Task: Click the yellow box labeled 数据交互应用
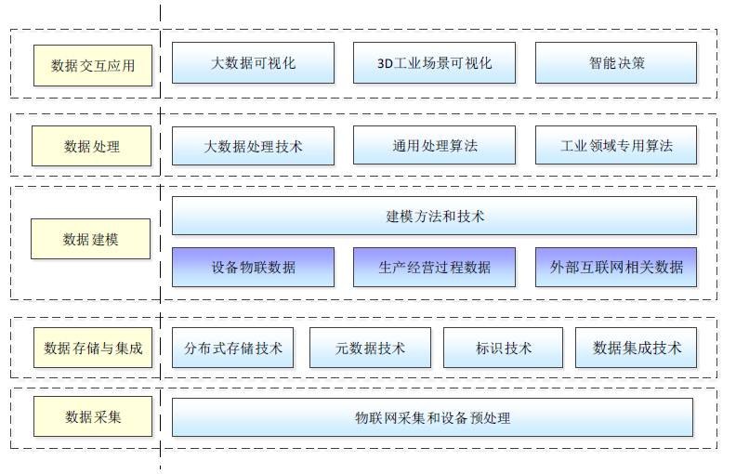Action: (x=93, y=65)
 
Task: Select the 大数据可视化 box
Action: (x=253, y=63)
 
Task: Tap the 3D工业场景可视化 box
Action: (x=434, y=63)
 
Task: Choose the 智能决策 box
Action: (x=615, y=63)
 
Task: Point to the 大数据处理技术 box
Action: (x=253, y=146)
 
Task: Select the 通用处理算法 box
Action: (x=434, y=146)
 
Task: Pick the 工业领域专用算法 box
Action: (x=615, y=146)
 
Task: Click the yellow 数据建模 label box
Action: (x=90, y=240)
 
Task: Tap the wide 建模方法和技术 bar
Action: (x=434, y=216)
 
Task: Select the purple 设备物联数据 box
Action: (x=253, y=267)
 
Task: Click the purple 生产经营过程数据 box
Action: (x=434, y=267)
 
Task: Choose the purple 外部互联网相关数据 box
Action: (x=615, y=267)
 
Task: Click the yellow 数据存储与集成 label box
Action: (x=93, y=349)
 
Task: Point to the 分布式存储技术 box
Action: (x=232, y=348)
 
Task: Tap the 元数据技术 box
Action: (x=370, y=348)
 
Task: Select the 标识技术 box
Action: (x=504, y=348)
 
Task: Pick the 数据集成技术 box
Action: (x=636, y=348)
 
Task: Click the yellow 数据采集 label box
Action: (x=93, y=416)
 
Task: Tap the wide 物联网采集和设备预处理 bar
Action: (x=432, y=417)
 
